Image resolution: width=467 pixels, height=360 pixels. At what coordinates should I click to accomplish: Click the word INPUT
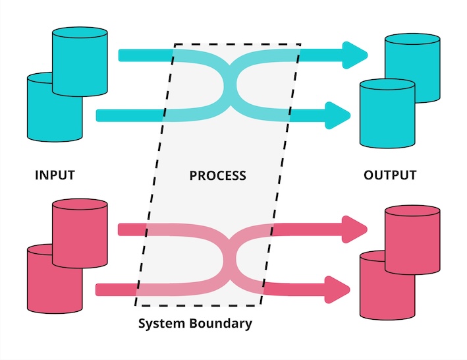click(x=55, y=175)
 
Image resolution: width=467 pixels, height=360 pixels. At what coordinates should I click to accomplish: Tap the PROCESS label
click(x=217, y=175)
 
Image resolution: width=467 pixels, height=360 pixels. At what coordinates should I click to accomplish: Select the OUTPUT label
click(x=390, y=175)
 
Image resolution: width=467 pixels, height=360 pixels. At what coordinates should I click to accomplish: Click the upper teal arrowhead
click(x=354, y=55)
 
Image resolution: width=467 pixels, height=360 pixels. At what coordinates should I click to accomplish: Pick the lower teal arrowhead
click(x=338, y=115)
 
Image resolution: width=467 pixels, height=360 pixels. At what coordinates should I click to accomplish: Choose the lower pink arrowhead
click(x=338, y=289)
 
